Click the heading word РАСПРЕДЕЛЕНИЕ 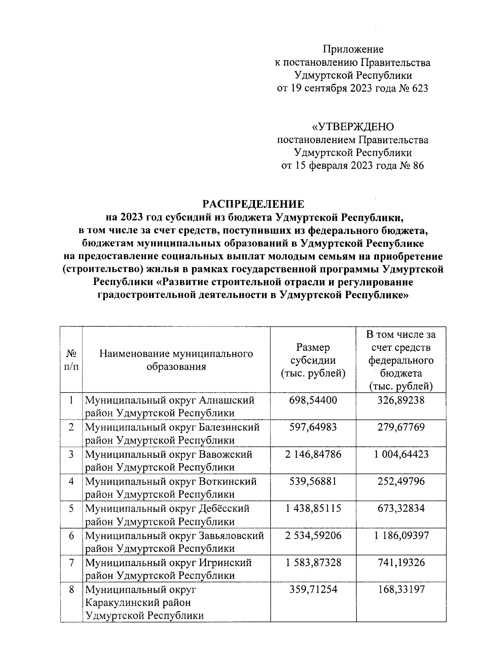253,204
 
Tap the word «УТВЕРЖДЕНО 353,127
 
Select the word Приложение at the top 353,49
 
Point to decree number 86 416,166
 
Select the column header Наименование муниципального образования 176,360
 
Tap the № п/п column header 71,360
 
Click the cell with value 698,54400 313,400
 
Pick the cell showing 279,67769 401,427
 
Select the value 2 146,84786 313,454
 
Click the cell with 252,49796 401,481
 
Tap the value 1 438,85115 313,508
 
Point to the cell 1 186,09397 401,535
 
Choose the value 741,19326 401,562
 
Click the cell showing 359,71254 313,589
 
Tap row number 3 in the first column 71,454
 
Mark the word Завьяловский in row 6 231,536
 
